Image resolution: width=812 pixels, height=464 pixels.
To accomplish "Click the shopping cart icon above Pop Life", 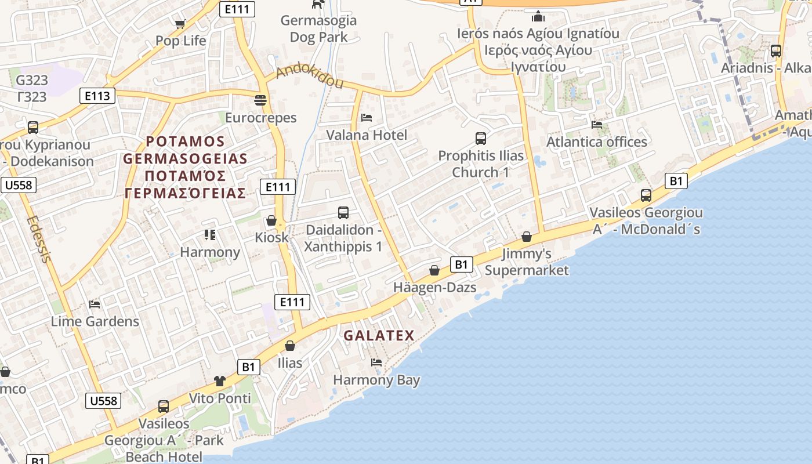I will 180,24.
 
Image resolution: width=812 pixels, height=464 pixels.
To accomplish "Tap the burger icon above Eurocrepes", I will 260,100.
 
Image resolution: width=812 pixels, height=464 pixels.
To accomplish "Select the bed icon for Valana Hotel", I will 367,118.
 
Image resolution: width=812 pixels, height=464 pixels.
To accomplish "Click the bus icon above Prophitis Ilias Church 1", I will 480,138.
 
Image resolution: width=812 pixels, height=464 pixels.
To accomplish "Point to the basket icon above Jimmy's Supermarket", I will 527,237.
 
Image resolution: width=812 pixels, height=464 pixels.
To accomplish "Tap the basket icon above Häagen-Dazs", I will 434,270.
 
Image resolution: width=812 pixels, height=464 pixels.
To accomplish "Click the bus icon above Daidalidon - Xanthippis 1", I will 343,213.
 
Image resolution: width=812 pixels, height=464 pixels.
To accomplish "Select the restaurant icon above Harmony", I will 209,235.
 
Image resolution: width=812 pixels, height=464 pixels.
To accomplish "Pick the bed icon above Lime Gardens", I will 95,304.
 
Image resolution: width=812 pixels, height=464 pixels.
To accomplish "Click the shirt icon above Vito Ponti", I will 220,381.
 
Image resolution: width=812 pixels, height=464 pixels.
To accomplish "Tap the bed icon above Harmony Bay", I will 376,363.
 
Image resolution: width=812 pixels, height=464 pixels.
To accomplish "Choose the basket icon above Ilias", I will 290,346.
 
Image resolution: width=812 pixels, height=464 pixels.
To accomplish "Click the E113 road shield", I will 97,96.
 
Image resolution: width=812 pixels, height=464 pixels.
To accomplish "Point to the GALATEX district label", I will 379,335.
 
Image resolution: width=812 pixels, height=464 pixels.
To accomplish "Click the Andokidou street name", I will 310,77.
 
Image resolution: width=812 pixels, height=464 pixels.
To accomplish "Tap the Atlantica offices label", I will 597,142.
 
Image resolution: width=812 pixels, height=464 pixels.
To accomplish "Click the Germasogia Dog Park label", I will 318,29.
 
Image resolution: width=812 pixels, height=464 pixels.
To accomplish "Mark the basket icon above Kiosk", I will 271,220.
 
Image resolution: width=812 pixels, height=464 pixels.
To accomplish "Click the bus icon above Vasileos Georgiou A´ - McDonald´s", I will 646,195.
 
